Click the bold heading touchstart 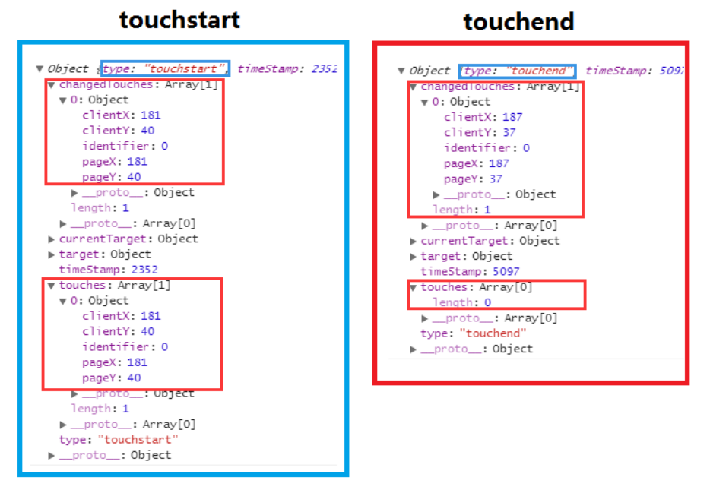tap(179, 19)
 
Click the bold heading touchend tap(518, 21)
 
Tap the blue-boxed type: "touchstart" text tap(165, 68)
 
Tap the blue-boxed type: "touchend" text tap(517, 71)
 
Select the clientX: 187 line tap(483, 117)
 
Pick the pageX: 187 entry tap(477, 163)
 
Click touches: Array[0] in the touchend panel tap(477, 287)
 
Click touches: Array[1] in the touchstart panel tap(115, 286)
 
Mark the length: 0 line tap(462, 302)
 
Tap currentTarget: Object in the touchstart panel tap(128, 239)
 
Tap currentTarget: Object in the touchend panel tap(490, 241)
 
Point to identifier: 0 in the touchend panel tap(487, 148)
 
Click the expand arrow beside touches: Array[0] tap(414, 287)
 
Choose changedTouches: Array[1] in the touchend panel tap(500, 87)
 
